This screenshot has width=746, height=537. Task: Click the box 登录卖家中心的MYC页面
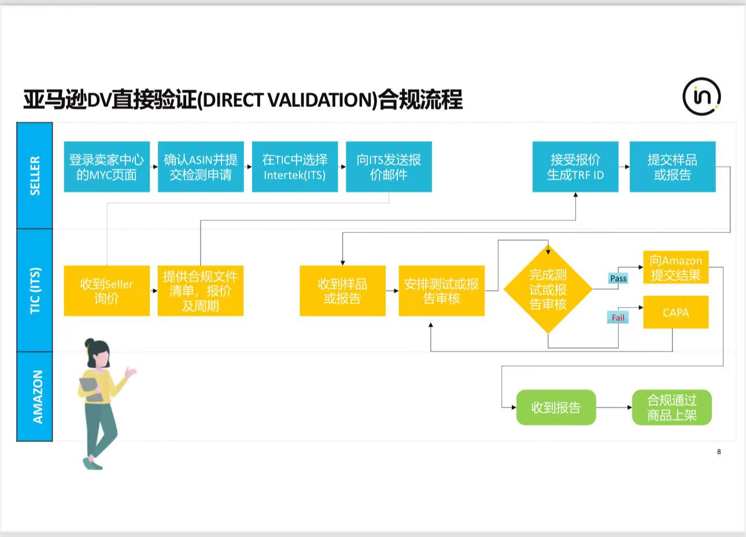tap(106, 167)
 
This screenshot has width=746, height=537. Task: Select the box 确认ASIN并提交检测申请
tap(201, 167)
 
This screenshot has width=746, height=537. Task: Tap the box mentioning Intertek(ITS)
tap(295, 167)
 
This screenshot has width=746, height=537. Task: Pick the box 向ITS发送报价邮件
tap(389, 167)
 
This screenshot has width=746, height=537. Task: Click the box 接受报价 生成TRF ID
tap(575, 167)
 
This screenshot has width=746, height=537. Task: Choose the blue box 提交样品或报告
tap(673, 167)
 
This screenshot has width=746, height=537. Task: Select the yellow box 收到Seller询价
tap(106, 291)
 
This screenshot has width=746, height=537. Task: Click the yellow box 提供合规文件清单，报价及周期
tap(201, 291)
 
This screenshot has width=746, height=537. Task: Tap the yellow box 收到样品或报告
tap(342, 291)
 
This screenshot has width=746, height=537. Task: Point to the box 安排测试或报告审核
tap(441, 291)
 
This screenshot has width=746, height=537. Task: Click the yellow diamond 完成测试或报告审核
tap(548, 289)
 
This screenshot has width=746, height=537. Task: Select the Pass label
tap(618, 279)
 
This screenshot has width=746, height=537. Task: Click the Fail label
tap(618, 317)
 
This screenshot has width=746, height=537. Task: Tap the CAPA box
tap(675, 312)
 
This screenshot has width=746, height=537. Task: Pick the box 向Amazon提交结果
tap(675, 268)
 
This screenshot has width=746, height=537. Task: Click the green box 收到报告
tap(556, 408)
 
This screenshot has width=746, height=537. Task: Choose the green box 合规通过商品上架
tap(671, 408)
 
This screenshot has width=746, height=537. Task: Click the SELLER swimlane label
tap(35, 176)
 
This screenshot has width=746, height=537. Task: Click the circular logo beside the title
tap(701, 96)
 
